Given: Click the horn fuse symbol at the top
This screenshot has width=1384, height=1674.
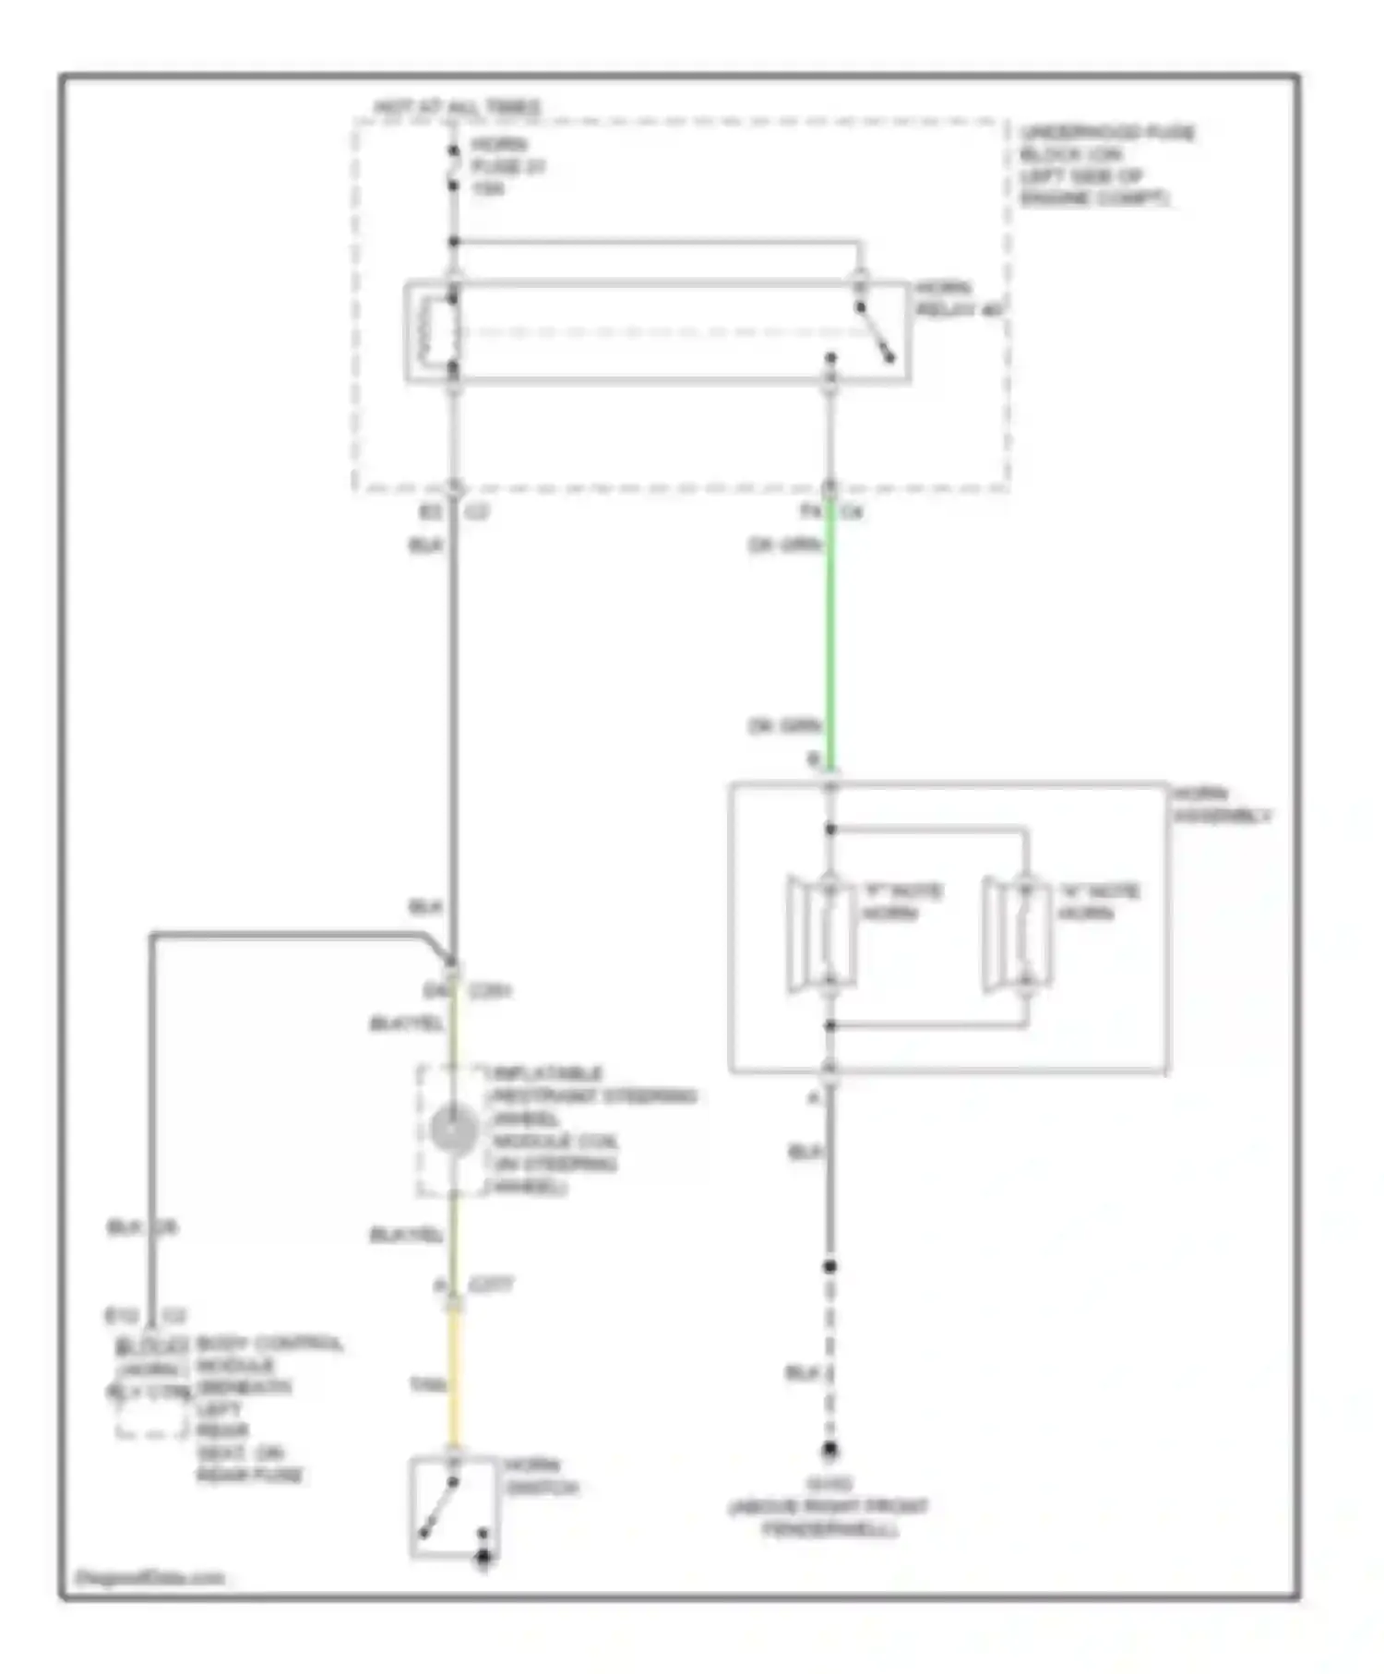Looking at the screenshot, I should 453,167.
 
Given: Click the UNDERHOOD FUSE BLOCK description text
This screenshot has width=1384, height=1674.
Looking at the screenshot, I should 1105,165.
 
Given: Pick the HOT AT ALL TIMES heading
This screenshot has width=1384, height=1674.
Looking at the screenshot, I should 457,107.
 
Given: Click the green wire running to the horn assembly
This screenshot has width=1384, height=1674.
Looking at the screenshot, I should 830,637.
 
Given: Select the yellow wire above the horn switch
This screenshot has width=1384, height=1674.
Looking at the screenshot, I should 454,1375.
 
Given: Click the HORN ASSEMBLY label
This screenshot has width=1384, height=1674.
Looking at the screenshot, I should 1220,805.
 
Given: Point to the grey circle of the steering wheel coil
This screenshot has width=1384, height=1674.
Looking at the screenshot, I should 454,1130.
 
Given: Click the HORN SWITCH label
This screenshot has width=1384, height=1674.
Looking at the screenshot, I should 541,1477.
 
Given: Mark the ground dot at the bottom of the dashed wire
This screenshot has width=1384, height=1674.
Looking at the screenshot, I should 829,1450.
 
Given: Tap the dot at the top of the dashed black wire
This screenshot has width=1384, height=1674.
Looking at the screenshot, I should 829,1266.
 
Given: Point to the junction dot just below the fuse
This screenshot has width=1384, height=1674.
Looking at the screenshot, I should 453,242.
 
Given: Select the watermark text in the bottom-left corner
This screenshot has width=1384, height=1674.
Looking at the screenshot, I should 149,1578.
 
